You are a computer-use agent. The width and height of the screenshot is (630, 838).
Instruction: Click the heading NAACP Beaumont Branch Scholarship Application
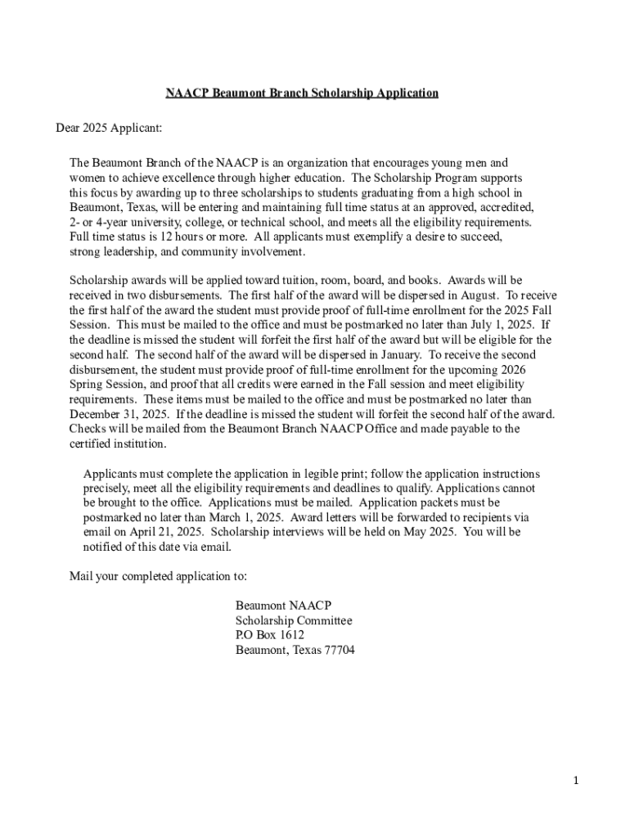[x=302, y=93]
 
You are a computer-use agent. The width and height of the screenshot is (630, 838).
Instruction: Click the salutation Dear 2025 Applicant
[x=109, y=128]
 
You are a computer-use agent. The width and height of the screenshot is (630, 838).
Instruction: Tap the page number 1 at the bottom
[x=576, y=781]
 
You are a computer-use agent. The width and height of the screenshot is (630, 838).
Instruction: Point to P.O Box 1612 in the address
[x=270, y=635]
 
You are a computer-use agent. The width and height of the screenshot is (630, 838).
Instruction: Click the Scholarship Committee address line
[x=294, y=620]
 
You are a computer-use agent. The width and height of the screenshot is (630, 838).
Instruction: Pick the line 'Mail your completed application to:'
[x=158, y=576]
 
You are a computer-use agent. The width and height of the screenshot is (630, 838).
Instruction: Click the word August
[x=475, y=295]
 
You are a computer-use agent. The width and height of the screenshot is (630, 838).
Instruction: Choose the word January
[x=397, y=354]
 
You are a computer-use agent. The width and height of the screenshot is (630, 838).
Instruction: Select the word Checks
[x=88, y=429]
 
